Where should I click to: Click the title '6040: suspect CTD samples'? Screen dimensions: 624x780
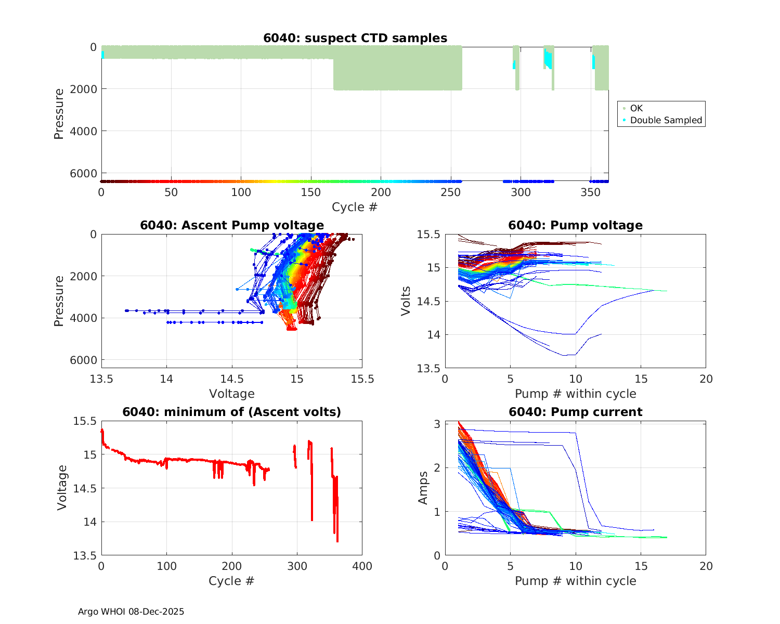[355, 38]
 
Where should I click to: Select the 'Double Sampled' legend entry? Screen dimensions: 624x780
[666, 120]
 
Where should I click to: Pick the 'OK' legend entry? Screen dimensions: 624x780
[636, 108]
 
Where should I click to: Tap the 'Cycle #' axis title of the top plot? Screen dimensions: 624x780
[355, 207]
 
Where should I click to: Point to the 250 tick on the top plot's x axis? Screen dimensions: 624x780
[451, 192]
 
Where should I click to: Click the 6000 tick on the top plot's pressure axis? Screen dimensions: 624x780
[86, 173]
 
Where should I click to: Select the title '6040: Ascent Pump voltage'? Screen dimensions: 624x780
[232, 225]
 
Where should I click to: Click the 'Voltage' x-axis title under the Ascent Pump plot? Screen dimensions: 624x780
[232, 394]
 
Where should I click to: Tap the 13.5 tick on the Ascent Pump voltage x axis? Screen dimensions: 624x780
[101, 379]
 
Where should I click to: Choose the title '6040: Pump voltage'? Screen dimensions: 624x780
[575, 225]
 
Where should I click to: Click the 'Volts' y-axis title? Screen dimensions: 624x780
[406, 301]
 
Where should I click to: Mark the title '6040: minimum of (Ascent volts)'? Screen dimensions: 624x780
[232, 412]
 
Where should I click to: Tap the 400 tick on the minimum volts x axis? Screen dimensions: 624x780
[362, 566]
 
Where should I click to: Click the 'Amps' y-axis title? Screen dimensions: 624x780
[423, 488]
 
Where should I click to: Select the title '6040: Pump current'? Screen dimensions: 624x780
[575, 412]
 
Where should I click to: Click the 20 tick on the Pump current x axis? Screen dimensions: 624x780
[706, 566]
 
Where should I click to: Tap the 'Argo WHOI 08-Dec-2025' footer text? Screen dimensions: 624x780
[131, 612]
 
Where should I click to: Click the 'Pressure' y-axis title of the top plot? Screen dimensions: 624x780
[59, 114]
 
